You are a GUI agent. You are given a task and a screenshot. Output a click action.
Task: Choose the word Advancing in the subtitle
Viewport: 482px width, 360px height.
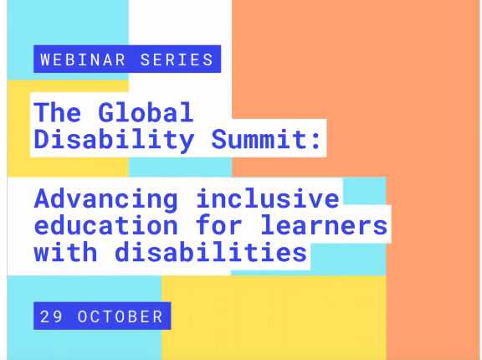105,200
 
